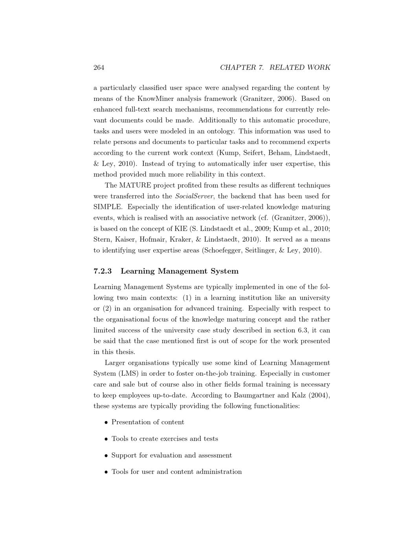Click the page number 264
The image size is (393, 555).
point(99,68)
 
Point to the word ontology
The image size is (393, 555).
point(220,131)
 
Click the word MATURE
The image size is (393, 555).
point(135,185)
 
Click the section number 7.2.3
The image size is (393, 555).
point(103,271)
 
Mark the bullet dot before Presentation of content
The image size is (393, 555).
point(106,423)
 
